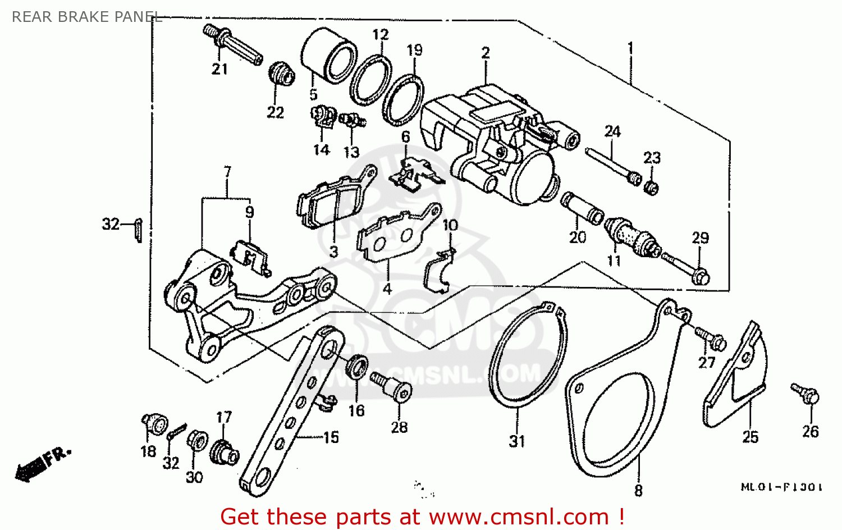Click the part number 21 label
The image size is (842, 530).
tap(219, 69)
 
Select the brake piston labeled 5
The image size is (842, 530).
tap(328, 56)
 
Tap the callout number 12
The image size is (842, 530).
tap(380, 35)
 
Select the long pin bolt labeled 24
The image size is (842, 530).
tap(612, 165)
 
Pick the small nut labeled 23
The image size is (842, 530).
tap(651, 188)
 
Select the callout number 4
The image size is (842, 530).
tap(387, 289)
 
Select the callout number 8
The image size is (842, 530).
tap(638, 491)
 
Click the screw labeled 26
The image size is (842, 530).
tap(806, 392)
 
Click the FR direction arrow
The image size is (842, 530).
tap(42, 463)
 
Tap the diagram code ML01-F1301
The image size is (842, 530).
tap(781, 487)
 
